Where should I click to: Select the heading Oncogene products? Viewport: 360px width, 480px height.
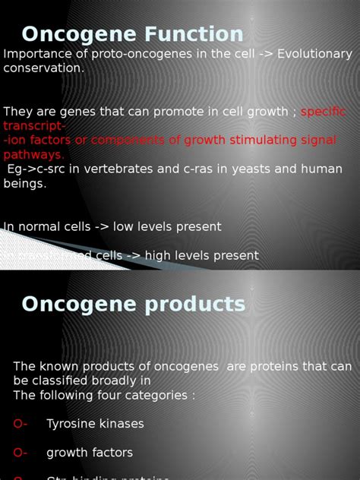[134, 304]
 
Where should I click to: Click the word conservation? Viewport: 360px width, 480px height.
[43, 68]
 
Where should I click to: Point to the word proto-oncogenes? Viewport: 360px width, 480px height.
[122, 54]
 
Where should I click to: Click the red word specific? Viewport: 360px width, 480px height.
[323, 112]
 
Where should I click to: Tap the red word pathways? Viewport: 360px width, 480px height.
[33, 154]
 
